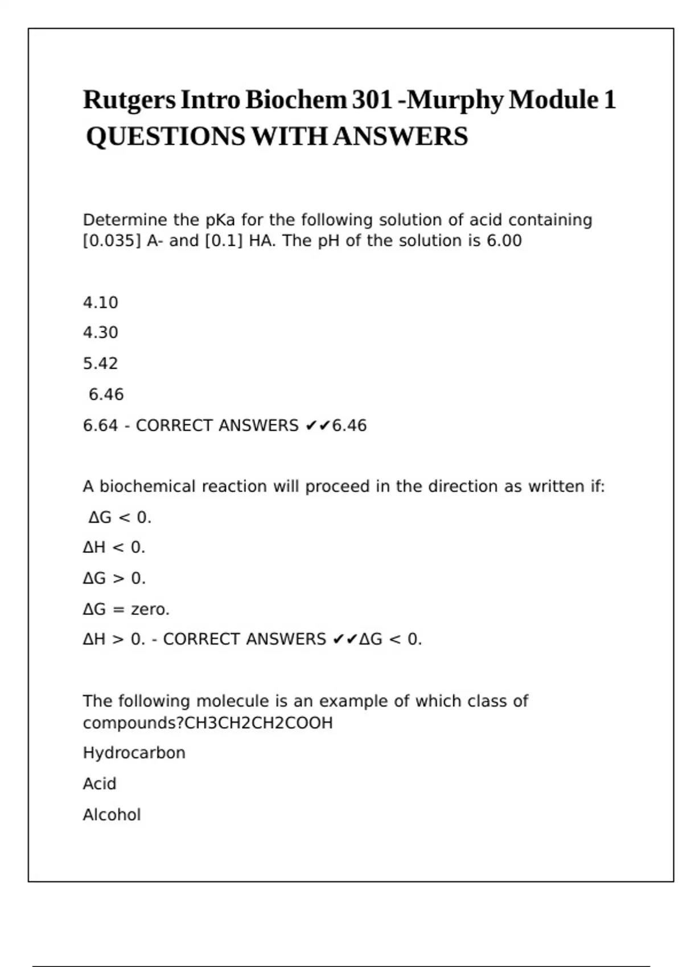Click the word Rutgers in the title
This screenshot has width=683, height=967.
click(129, 101)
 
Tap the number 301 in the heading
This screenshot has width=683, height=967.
click(372, 100)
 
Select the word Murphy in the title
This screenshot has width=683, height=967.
click(455, 101)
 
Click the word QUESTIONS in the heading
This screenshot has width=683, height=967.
click(166, 137)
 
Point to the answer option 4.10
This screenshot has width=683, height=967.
click(100, 303)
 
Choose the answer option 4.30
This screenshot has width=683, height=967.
click(100, 333)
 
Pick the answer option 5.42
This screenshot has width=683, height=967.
click(100, 363)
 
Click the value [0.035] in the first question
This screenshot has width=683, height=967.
click(112, 241)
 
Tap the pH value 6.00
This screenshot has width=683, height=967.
click(504, 241)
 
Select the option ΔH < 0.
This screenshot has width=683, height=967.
click(114, 548)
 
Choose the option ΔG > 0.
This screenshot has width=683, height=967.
click(114, 578)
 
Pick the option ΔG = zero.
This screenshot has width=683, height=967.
click(126, 610)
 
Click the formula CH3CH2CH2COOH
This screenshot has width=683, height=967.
click(259, 724)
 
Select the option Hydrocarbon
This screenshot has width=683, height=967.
click(134, 753)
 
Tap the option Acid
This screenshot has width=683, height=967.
click(100, 784)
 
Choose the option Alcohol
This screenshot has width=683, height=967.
click(112, 815)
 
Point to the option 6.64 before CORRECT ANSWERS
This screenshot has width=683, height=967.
click(100, 425)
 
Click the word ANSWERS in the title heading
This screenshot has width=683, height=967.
click(400, 137)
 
